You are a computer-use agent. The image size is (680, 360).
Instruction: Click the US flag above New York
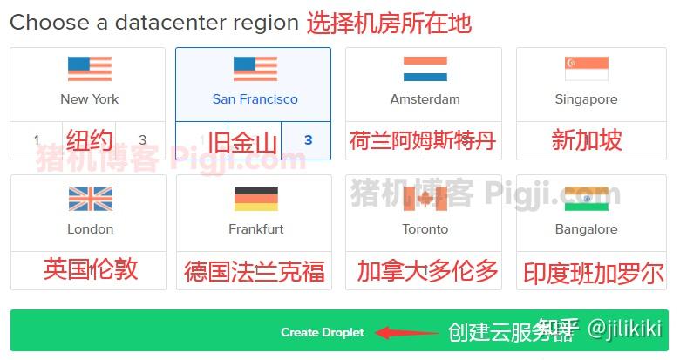tap(90, 69)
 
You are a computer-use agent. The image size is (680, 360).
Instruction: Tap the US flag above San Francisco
tap(255, 69)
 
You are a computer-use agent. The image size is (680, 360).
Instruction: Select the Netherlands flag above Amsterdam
tap(425, 69)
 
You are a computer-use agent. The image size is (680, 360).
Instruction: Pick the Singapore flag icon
tap(586, 69)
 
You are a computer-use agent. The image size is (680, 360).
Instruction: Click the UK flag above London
tap(90, 199)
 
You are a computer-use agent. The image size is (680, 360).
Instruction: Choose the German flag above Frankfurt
tap(255, 199)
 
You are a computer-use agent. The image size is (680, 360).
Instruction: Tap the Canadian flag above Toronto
tap(425, 199)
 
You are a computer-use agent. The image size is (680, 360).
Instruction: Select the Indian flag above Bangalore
tap(586, 199)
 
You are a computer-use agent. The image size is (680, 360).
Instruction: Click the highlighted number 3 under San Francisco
tap(308, 140)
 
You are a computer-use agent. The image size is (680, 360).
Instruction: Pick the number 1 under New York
tap(37, 140)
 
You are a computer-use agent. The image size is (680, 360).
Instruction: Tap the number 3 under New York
tap(143, 140)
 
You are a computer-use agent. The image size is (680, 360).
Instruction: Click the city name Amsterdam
tap(425, 99)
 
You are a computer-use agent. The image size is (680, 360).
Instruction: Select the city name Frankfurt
tap(255, 229)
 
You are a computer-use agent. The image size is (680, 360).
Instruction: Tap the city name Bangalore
tap(586, 229)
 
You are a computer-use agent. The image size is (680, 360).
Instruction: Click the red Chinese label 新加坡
tap(586, 139)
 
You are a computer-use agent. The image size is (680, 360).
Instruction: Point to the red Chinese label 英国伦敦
tap(91, 268)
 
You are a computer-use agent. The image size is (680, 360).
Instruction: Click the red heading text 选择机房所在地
tap(389, 23)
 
